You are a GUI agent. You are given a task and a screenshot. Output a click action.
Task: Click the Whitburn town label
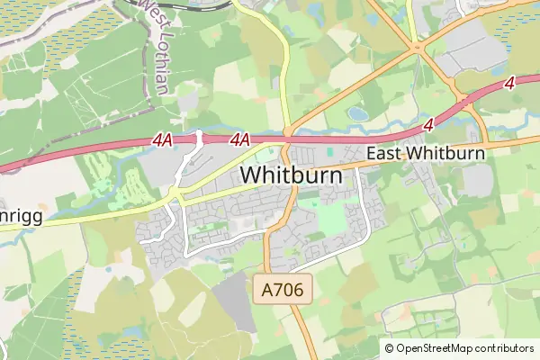pos(292,174)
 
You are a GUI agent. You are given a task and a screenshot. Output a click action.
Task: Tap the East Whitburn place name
pos(426,154)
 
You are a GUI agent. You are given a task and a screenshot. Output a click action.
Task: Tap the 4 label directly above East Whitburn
pos(427,122)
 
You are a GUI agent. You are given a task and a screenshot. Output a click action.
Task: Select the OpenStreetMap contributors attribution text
pos(464,348)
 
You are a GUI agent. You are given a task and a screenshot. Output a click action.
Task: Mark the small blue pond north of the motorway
pos(358,113)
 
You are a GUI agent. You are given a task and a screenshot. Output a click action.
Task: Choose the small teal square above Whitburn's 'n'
pos(329,152)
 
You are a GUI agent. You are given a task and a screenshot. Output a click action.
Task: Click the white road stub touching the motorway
pos(200,137)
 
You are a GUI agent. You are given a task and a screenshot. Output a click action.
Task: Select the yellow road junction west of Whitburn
pos(176,194)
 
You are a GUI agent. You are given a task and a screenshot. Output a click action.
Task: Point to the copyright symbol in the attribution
pos(390,348)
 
